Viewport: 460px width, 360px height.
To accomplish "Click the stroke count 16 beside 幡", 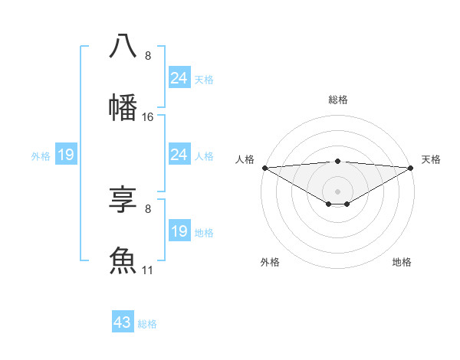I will (x=148, y=117).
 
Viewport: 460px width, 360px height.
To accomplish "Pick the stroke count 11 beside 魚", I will (x=148, y=270).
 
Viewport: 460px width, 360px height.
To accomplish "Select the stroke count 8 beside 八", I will (x=148, y=56).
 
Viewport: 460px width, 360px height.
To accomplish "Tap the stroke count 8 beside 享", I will (x=148, y=208).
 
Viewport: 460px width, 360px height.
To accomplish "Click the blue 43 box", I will (x=123, y=322).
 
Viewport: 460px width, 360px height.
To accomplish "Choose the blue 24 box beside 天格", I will (x=179, y=78).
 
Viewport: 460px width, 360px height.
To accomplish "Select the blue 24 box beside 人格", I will (x=179, y=155).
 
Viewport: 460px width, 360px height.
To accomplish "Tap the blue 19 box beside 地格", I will (x=179, y=231).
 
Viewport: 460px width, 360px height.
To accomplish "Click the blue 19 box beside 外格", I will (x=66, y=155).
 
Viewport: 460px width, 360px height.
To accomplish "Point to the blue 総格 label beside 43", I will (x=147, y=324).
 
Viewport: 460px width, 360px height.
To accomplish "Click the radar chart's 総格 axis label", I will (x=337, y=100).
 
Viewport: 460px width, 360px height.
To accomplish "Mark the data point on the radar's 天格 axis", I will (x=411, y=167).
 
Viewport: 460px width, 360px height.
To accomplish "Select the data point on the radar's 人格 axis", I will (x=264, y=167).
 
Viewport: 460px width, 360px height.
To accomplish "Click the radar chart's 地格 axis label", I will (x=402, y=262).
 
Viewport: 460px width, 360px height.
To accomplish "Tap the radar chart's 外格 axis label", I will (x=270, y=262).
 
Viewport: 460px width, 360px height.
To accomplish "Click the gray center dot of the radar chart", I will (x=337, y=191).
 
